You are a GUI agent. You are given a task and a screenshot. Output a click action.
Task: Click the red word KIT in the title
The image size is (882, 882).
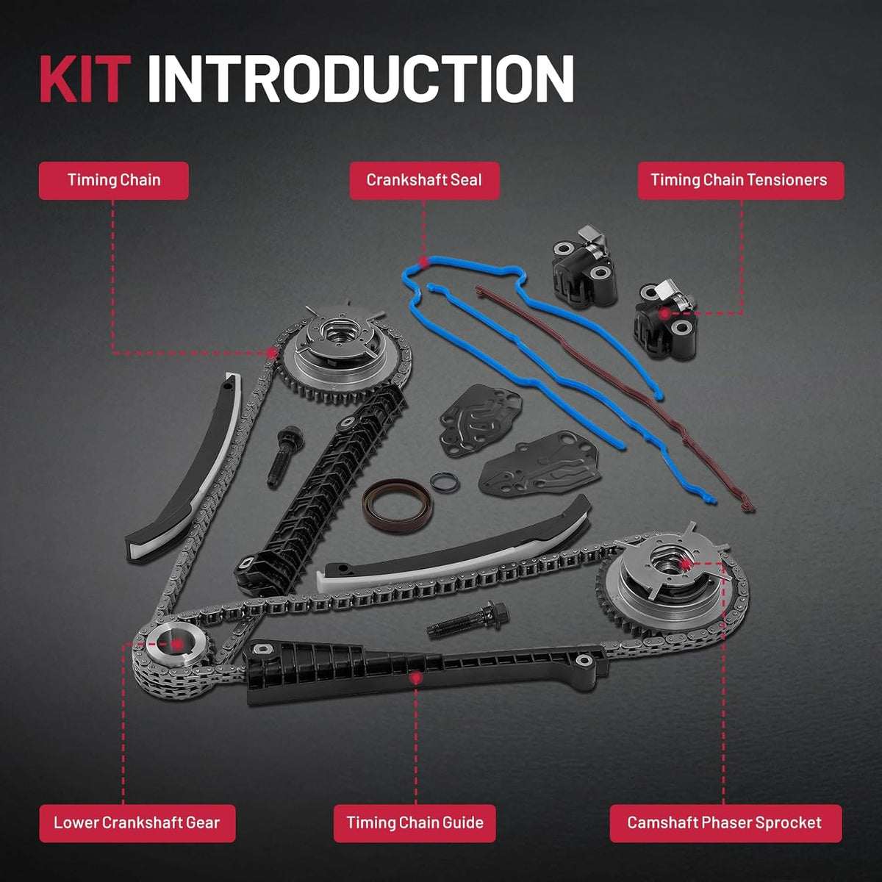click(x=85, y=79)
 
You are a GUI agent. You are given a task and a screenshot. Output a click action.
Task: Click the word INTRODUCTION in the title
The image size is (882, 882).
click(x=361, y=79)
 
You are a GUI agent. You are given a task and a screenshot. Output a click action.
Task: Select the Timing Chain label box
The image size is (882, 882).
click(x=113, y=180)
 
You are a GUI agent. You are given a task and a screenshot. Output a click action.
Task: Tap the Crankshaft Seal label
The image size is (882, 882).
click(x=424, y=180)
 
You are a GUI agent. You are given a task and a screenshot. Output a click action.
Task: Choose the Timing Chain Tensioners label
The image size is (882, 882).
click(x=741, y=180)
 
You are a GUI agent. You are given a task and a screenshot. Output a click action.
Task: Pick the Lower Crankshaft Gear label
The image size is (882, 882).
click(x=137, y=823)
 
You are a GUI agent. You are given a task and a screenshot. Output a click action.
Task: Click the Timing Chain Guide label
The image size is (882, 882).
click(x=415, y=823)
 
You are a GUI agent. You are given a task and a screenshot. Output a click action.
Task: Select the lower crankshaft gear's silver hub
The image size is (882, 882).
click(x=176, y=645)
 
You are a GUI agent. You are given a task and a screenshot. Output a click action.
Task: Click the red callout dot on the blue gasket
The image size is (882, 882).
click(x=424, y=262)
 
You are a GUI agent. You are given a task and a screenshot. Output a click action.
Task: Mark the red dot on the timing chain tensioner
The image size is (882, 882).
click(x=664, y=314)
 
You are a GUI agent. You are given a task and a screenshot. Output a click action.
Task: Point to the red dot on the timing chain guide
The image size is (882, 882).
click(x=415, y=678)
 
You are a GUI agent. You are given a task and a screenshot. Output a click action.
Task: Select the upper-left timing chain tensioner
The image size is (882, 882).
click(x=583, y=266)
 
